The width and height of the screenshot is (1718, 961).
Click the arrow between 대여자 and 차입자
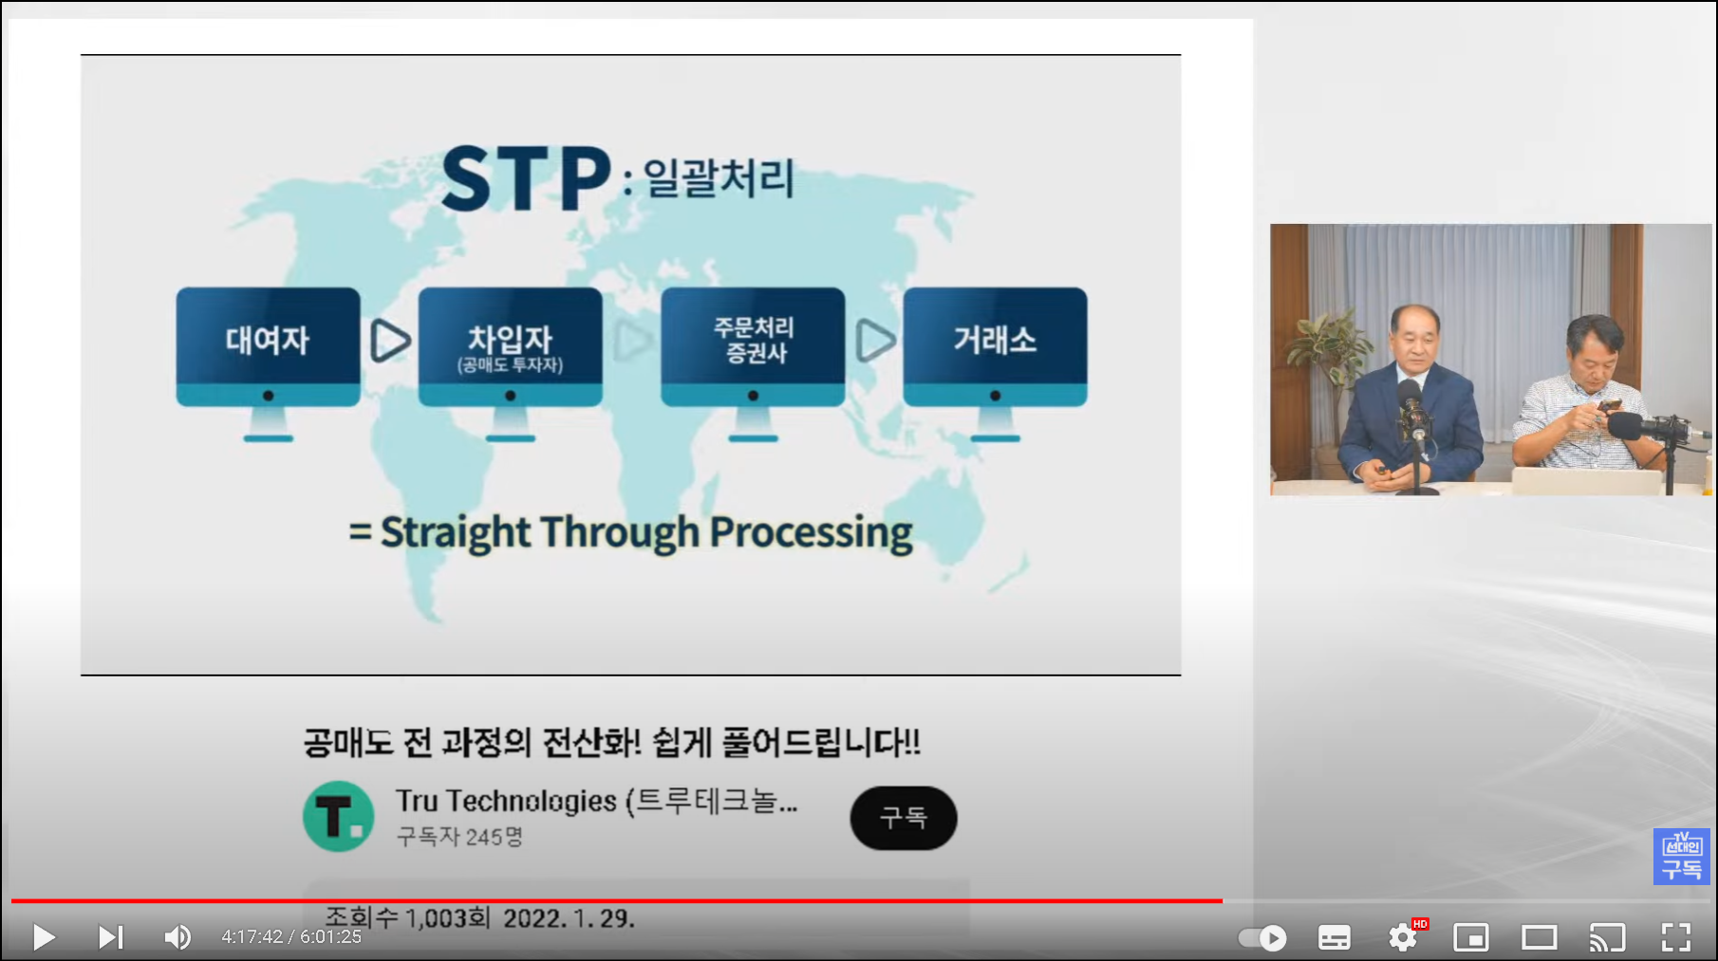[x=390, y=341]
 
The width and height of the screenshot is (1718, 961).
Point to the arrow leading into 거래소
[x=875, y=341]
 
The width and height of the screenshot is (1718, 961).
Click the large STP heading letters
[x=526, y=178]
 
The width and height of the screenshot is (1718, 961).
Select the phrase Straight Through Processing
[x=646, y=533]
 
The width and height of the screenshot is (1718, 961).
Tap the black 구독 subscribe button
[x=904, y=818]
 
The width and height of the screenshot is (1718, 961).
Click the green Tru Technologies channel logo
[x=338, y=816]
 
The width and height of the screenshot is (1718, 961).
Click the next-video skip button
[x=110, y=937]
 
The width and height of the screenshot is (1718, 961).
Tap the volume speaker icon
[x=177, y=937]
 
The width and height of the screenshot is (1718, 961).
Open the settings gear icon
[x=1403, y=937]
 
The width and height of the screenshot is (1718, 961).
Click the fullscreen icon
[x=1676, y=937]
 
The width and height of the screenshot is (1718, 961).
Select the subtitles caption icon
[x=1335, y=937]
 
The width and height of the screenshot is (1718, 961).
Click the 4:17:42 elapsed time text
[x=252, y=937]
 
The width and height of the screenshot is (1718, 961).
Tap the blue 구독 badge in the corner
[x=1682, y=857]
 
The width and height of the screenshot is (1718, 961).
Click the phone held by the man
[x=1609, y=406]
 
